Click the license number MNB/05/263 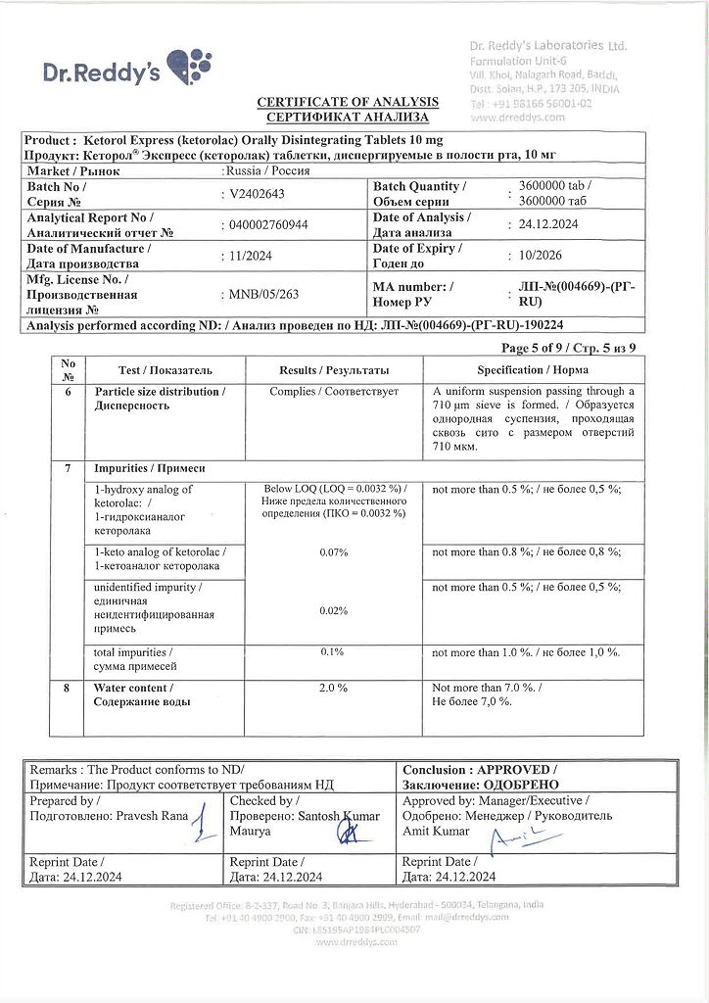[x=265, y=294]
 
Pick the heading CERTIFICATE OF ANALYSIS [x=348, y=102]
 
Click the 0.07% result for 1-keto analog [x=334, y=552]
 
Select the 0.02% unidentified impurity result [x=334, y=611]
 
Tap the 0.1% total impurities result [x=333, y=651]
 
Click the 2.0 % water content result [x=334, y=689]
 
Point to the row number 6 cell [x=68, y=392]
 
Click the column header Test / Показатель [x=165, y=370]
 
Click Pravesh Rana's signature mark [x=202, y=820]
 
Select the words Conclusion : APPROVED [x=479, y=770]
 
